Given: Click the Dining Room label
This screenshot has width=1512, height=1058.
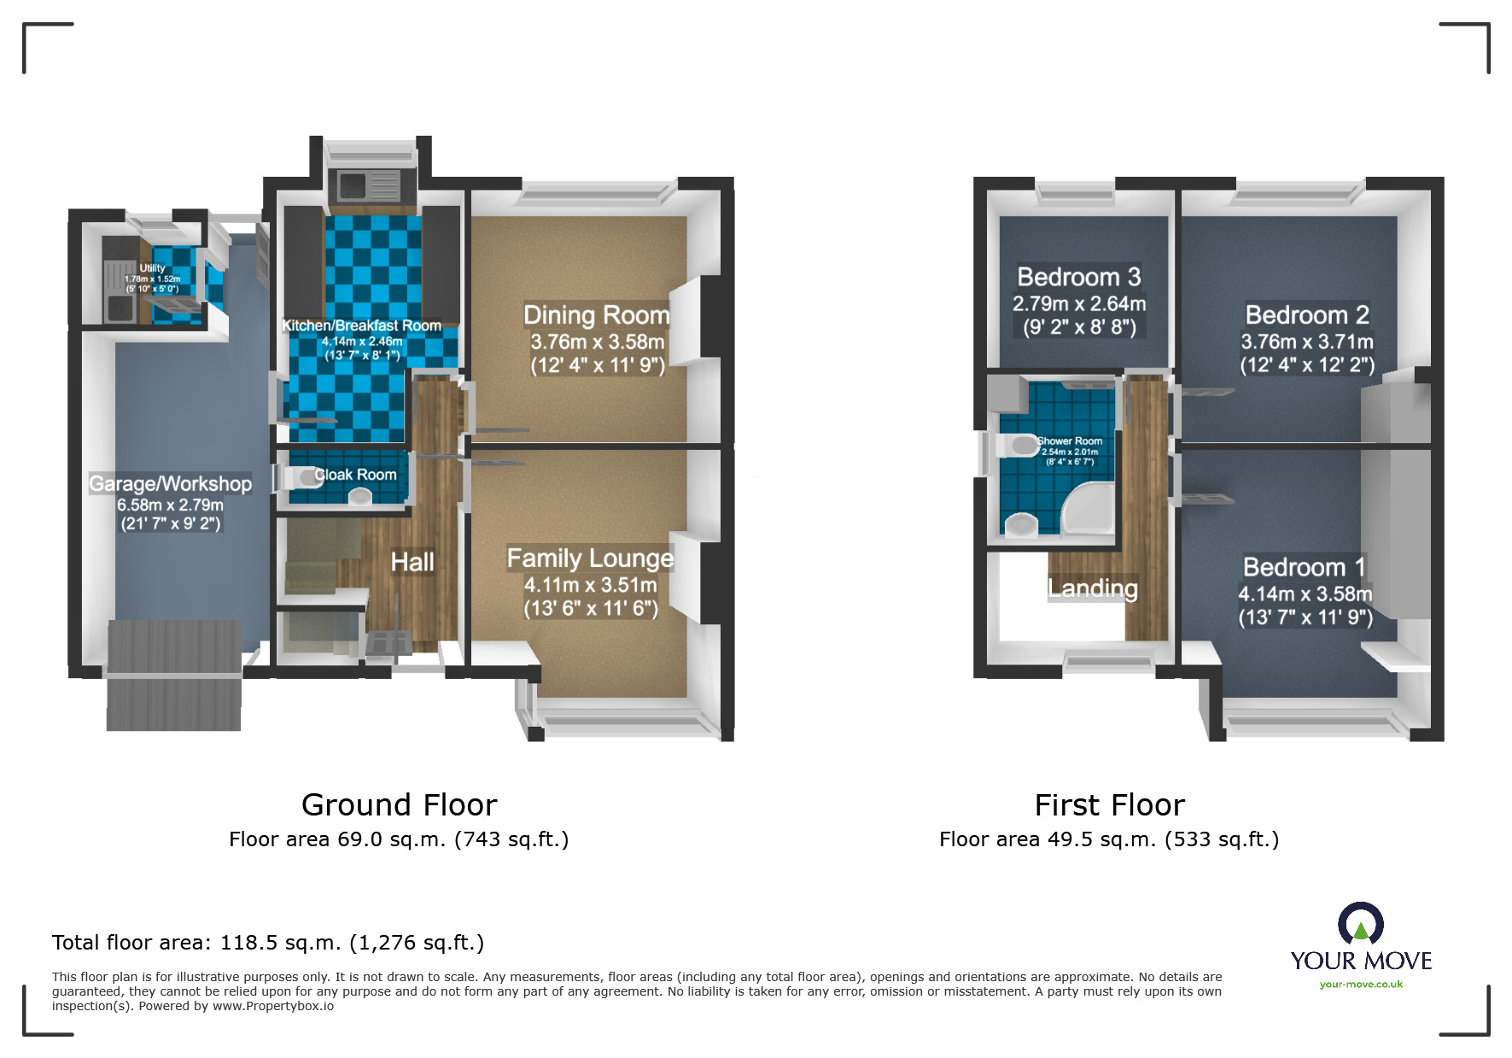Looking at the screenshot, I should [596, 315].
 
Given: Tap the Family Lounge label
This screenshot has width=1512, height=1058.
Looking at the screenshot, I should [590, 558].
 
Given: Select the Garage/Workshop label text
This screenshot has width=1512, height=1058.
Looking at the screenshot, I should [170, 484].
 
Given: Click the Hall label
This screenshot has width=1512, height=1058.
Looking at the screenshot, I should [412, 562].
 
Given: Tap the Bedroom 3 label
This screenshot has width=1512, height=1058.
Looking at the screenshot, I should [1078, 278].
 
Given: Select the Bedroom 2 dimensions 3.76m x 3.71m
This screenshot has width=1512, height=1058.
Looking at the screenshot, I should [1306, 342].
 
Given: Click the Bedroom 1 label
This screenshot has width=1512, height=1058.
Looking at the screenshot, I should [1304, 567].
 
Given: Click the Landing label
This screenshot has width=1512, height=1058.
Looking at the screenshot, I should [1093, 588].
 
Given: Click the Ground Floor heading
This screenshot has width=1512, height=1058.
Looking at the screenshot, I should [399, 805].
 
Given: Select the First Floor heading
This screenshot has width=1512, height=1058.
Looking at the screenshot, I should [1109, 805].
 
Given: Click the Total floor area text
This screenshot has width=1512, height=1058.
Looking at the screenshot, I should [267, 943].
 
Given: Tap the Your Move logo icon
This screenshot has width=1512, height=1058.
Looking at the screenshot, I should [1360, 924].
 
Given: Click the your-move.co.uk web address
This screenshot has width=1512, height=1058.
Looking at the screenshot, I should [1361, 985].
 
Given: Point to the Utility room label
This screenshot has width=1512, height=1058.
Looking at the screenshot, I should [152, 268].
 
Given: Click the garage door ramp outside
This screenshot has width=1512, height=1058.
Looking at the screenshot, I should [173, 700].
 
